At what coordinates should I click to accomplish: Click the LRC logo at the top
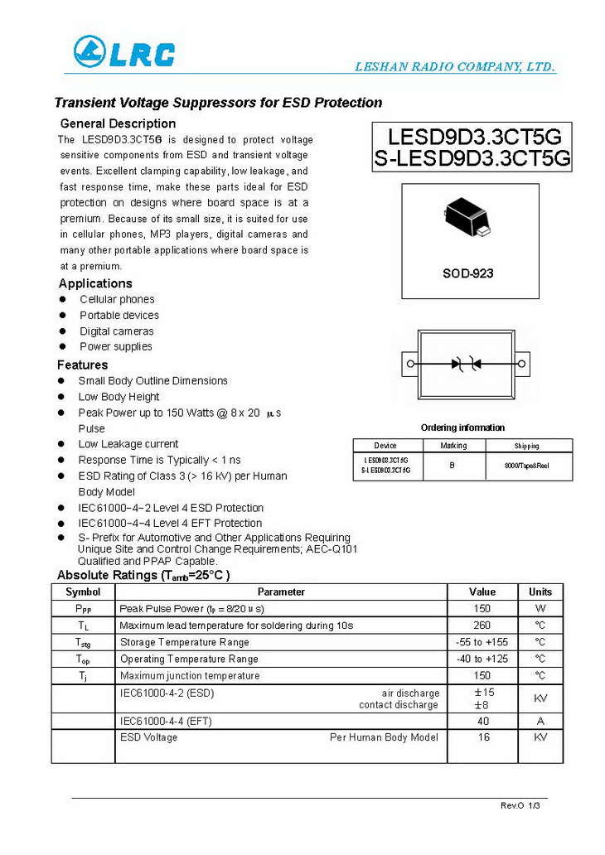pyautogui.click(x=124, y=52)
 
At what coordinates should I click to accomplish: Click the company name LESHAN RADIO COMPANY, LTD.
pyautogui.click(x=455, y=67)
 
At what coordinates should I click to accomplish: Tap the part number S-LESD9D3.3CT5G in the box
pyautogui.click(x=472, y=159)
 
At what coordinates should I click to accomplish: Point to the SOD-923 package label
pyautogui.click(x=469, y=273)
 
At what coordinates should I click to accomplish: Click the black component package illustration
pyautogui.click(x=469, y=217)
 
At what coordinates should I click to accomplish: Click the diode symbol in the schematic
pyautogui.click(x=465, y=363)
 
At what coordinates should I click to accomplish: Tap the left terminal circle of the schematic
pyautogui.click(x=409, y=363)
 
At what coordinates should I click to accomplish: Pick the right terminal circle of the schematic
pyautogui.click(x=522, y=363)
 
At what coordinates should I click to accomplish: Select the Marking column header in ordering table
pyautogui.click(x=453, y=446)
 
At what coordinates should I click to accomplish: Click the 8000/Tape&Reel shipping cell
pyautogui.click(x=526, y=466)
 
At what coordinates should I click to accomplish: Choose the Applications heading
pyautogui.click(x=95, y=283)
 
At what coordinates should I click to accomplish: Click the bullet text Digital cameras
pyautogui.click(x=117, y=331)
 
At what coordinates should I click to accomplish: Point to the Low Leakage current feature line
pyautogui.click(x=128, y=444)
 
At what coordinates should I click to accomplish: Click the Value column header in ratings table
pyautogui.click(x=482, y=592)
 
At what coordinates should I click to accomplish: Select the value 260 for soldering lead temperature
pyautogui.click(x=482, y=626)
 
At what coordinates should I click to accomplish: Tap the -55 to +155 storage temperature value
pyautogui.click(x=482, y=642)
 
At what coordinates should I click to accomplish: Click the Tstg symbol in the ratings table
pyautogui.click(x=84, y=643)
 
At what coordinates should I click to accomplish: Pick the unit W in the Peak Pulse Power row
pyautogui.click(x=540, y=609)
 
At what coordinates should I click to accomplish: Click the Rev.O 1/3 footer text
pyautogui.click(x=520, y=805)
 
